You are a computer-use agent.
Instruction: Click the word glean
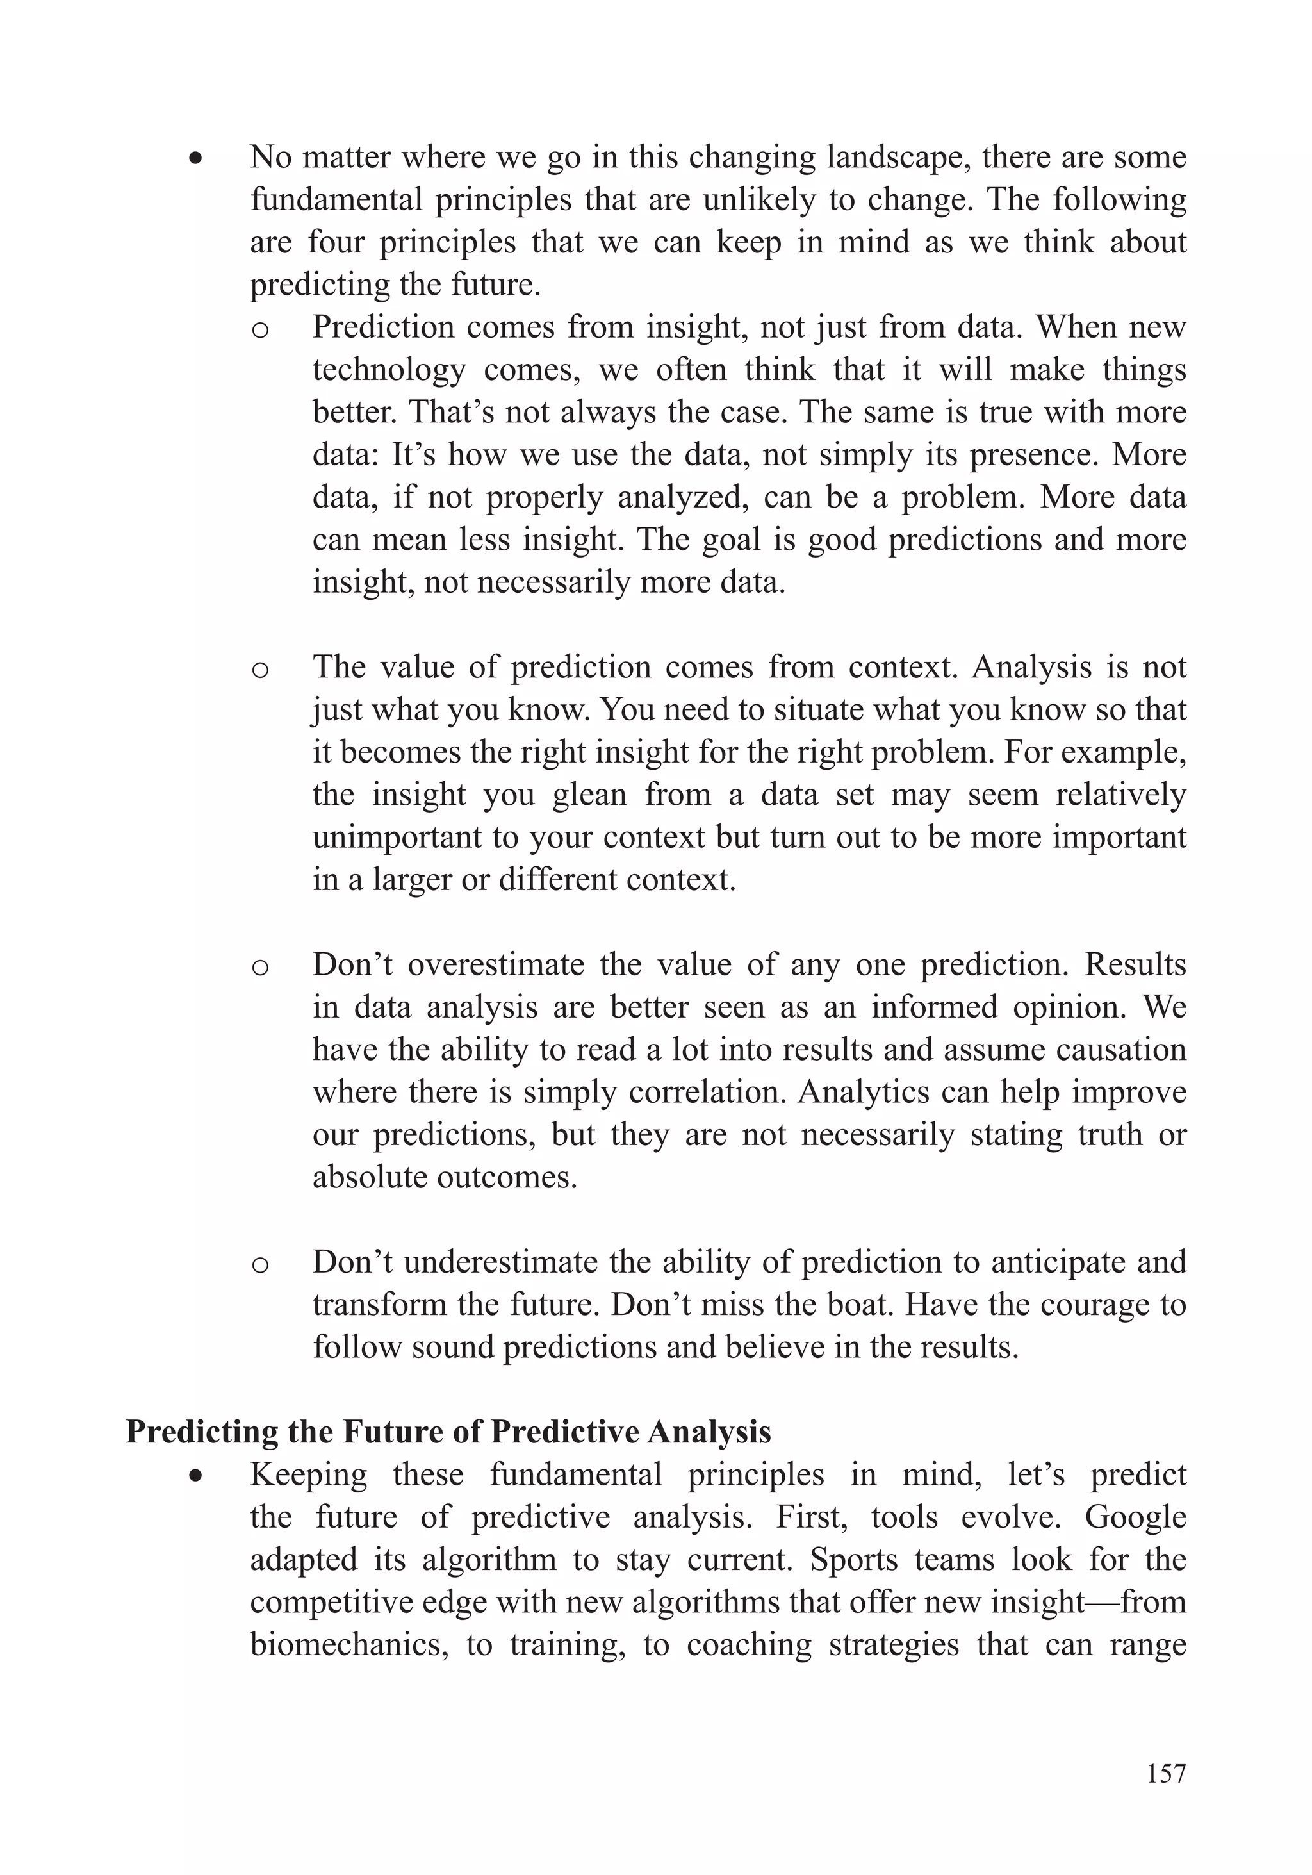pos(589,795)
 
